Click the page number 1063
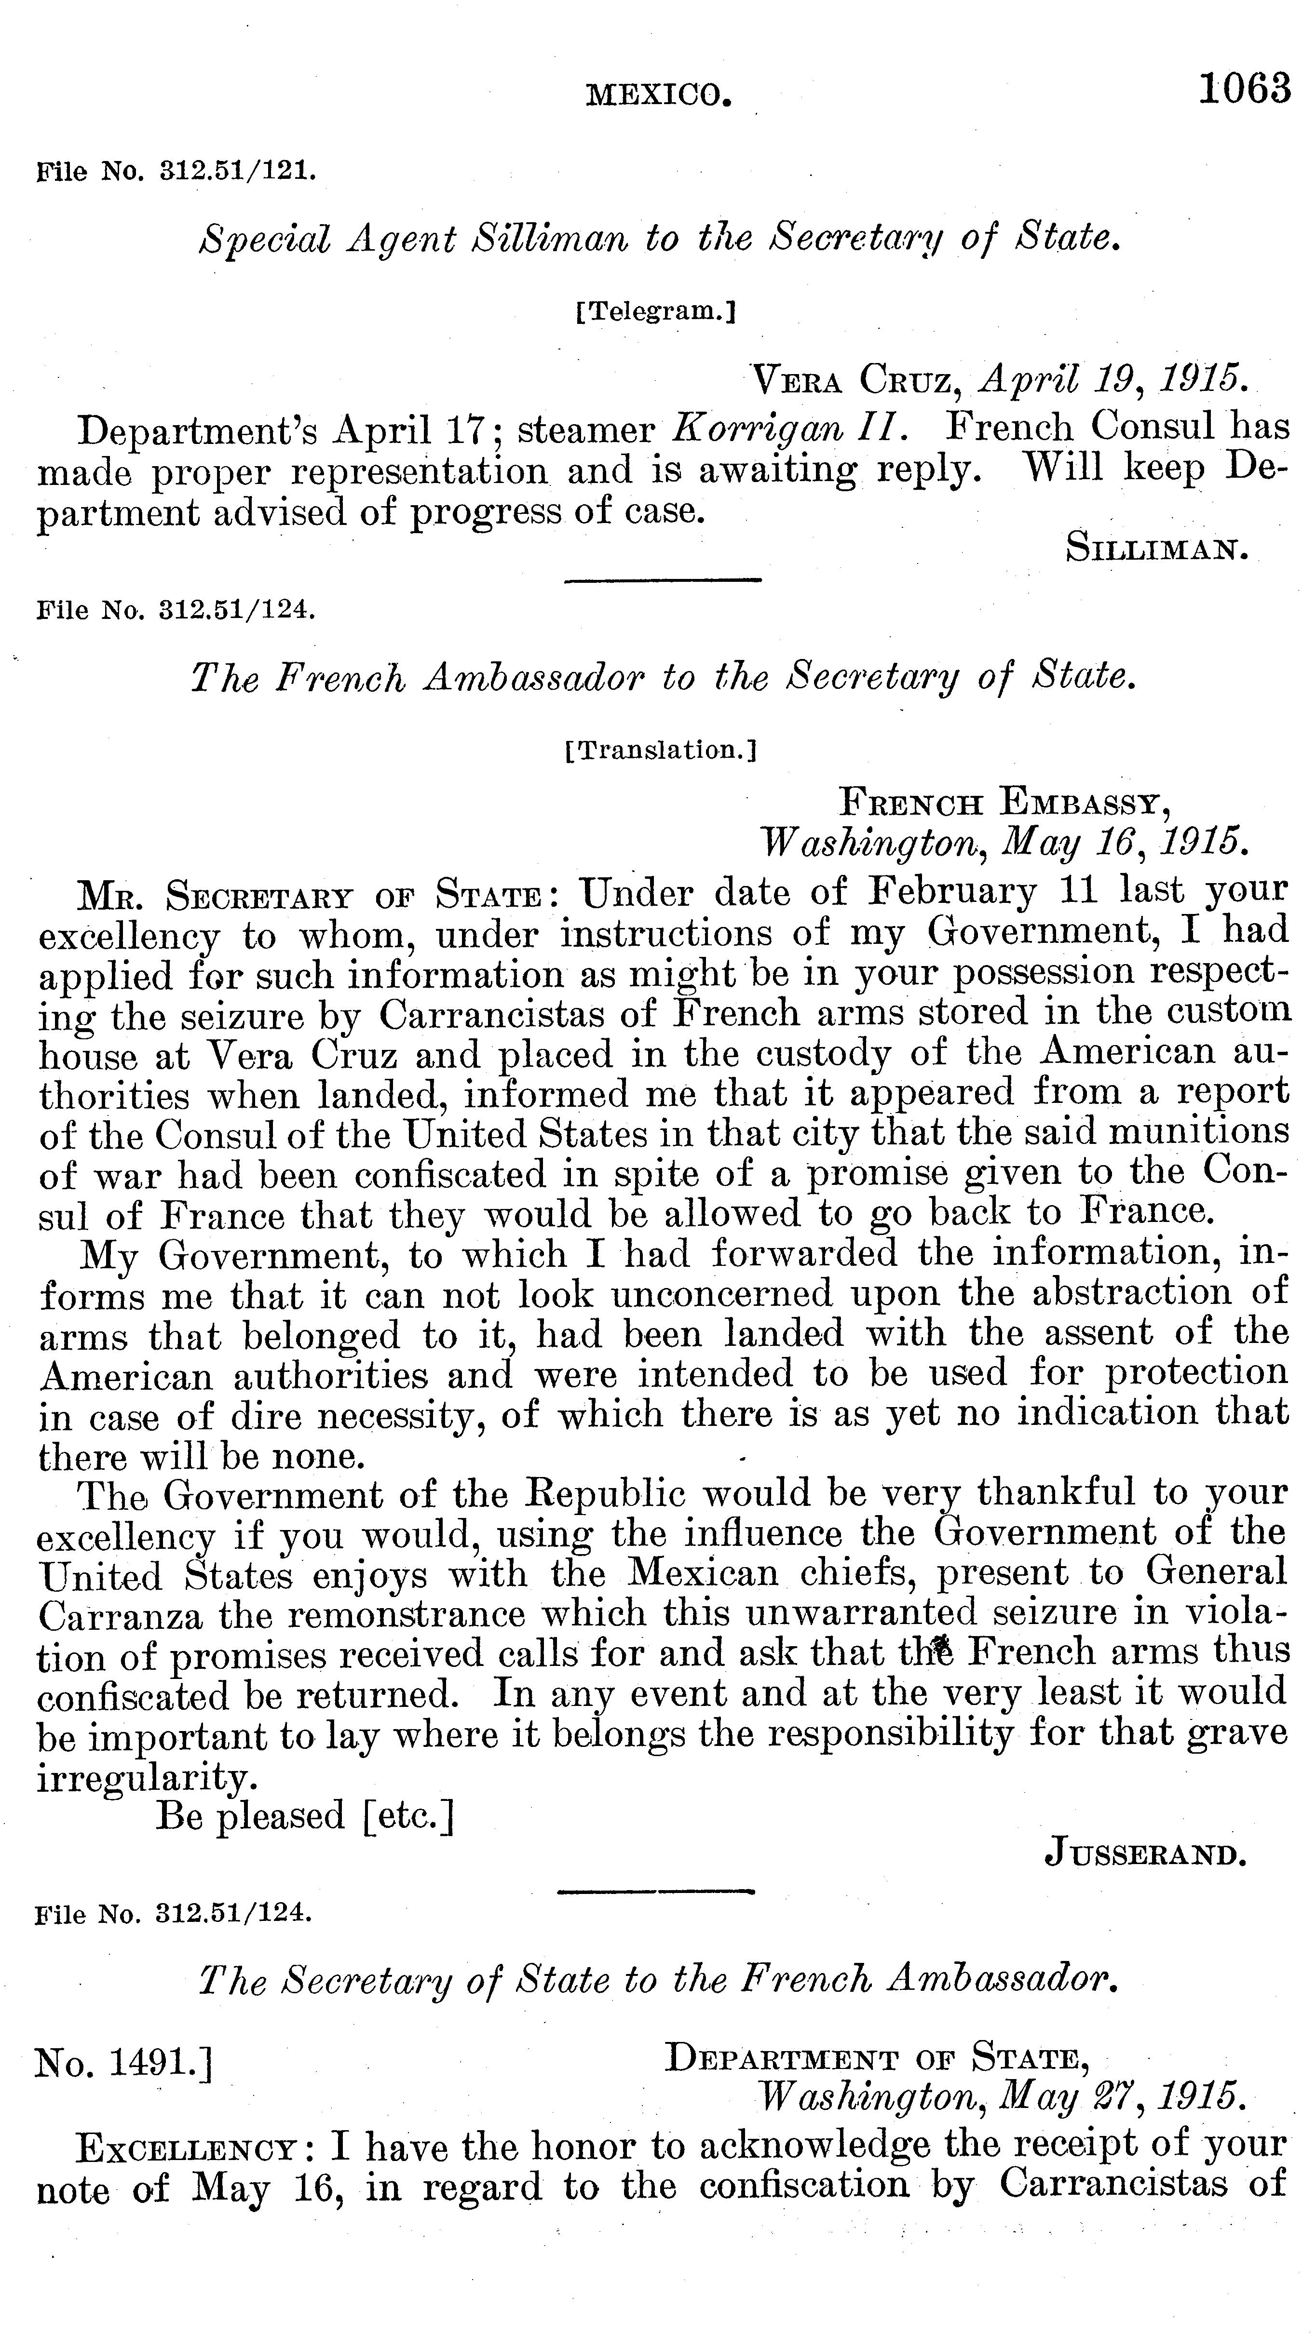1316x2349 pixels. tap(1245, 89)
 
